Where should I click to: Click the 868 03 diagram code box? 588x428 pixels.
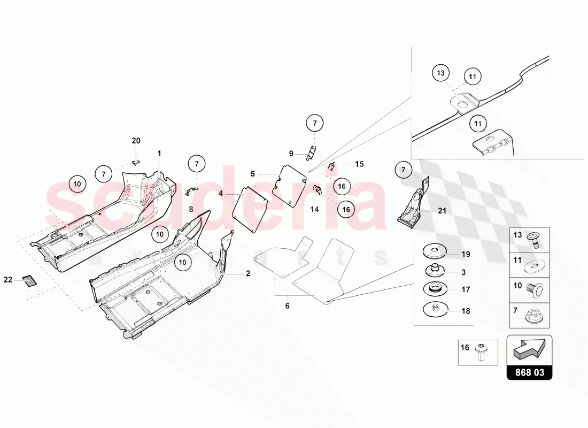point(529,372)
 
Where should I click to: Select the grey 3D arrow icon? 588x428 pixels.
point(529,350)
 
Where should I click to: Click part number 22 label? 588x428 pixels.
point(8,279)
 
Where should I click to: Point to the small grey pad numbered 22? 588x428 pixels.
point(27,280)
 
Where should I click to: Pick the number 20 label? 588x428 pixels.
point(136,141)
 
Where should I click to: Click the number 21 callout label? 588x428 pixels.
point(442,211)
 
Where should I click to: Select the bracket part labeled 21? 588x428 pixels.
point(415,206)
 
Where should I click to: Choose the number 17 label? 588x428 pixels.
point(466,289)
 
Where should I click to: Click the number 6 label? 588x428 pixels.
point(287,306)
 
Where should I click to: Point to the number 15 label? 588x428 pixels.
point(359,164)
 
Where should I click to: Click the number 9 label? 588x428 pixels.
point(291,154)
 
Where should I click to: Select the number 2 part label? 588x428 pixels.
point(248,273)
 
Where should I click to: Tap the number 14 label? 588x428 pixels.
point(314,209)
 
